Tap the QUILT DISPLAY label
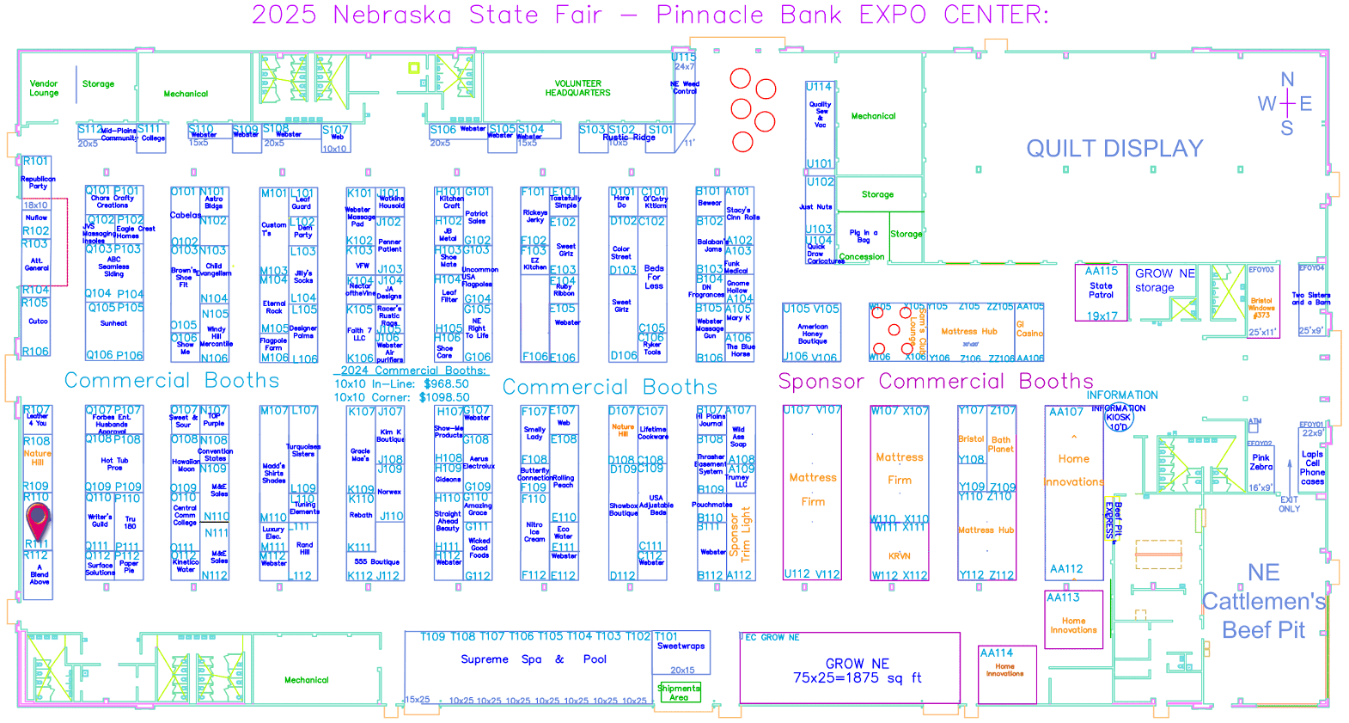click(1114, 149)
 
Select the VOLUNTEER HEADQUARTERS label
click(577, 89)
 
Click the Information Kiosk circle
click(1118, 418)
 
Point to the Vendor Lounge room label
click(44, 89)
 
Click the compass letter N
click(1287, 80)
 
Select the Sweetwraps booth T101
click(681, 646)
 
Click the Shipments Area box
click(679, 693)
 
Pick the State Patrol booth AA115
click(1101, 291)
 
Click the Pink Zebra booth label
click(1260, 463)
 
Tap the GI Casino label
click(1029, 329)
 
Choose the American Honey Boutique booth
click(812, 334)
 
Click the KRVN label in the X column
click(900, 556)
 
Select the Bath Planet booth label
click(1001, 444)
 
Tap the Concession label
click(862, 257)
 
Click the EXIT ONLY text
click(1289, 505)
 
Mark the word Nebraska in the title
click(392, 15)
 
